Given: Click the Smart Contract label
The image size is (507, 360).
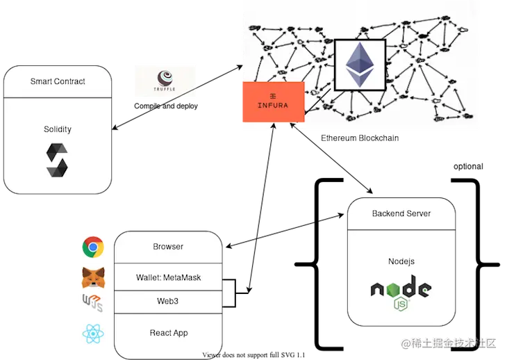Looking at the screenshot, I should (x=58, y=81).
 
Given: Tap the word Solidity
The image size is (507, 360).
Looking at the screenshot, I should (x=58, y=129).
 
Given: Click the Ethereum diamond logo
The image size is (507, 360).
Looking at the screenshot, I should (x=359, y=65).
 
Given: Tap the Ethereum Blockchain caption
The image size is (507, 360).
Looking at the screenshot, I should (x=360, y=138).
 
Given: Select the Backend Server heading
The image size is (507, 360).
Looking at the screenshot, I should (x=401, y=213).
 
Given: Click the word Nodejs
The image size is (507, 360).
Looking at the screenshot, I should (x=401, y=261).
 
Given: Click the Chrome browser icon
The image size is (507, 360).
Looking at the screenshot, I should (x=93, y=247).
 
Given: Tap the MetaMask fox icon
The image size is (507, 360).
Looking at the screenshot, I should (x=93, y=278).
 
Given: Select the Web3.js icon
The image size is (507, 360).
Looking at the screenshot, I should (x=92, y=304).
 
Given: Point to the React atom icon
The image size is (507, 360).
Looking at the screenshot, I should (x=93, y=334).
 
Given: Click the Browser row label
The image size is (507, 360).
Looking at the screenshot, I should (x=168, y=247).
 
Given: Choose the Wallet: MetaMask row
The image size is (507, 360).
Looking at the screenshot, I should (x=168, y=278).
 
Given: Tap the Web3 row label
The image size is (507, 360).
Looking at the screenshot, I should (x=168, y=302).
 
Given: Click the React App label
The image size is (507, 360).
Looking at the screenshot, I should (x=168, y=333).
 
